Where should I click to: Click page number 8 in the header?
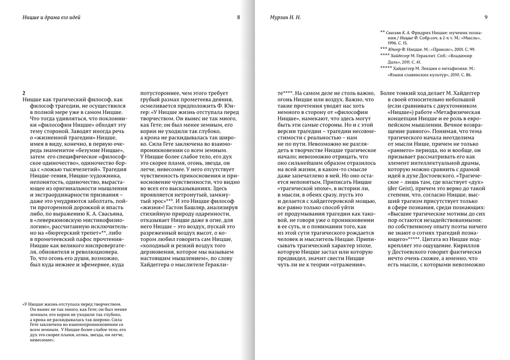tap(239, 18)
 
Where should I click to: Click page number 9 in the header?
tap(486, 18)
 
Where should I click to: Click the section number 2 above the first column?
tap(23, 92)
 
